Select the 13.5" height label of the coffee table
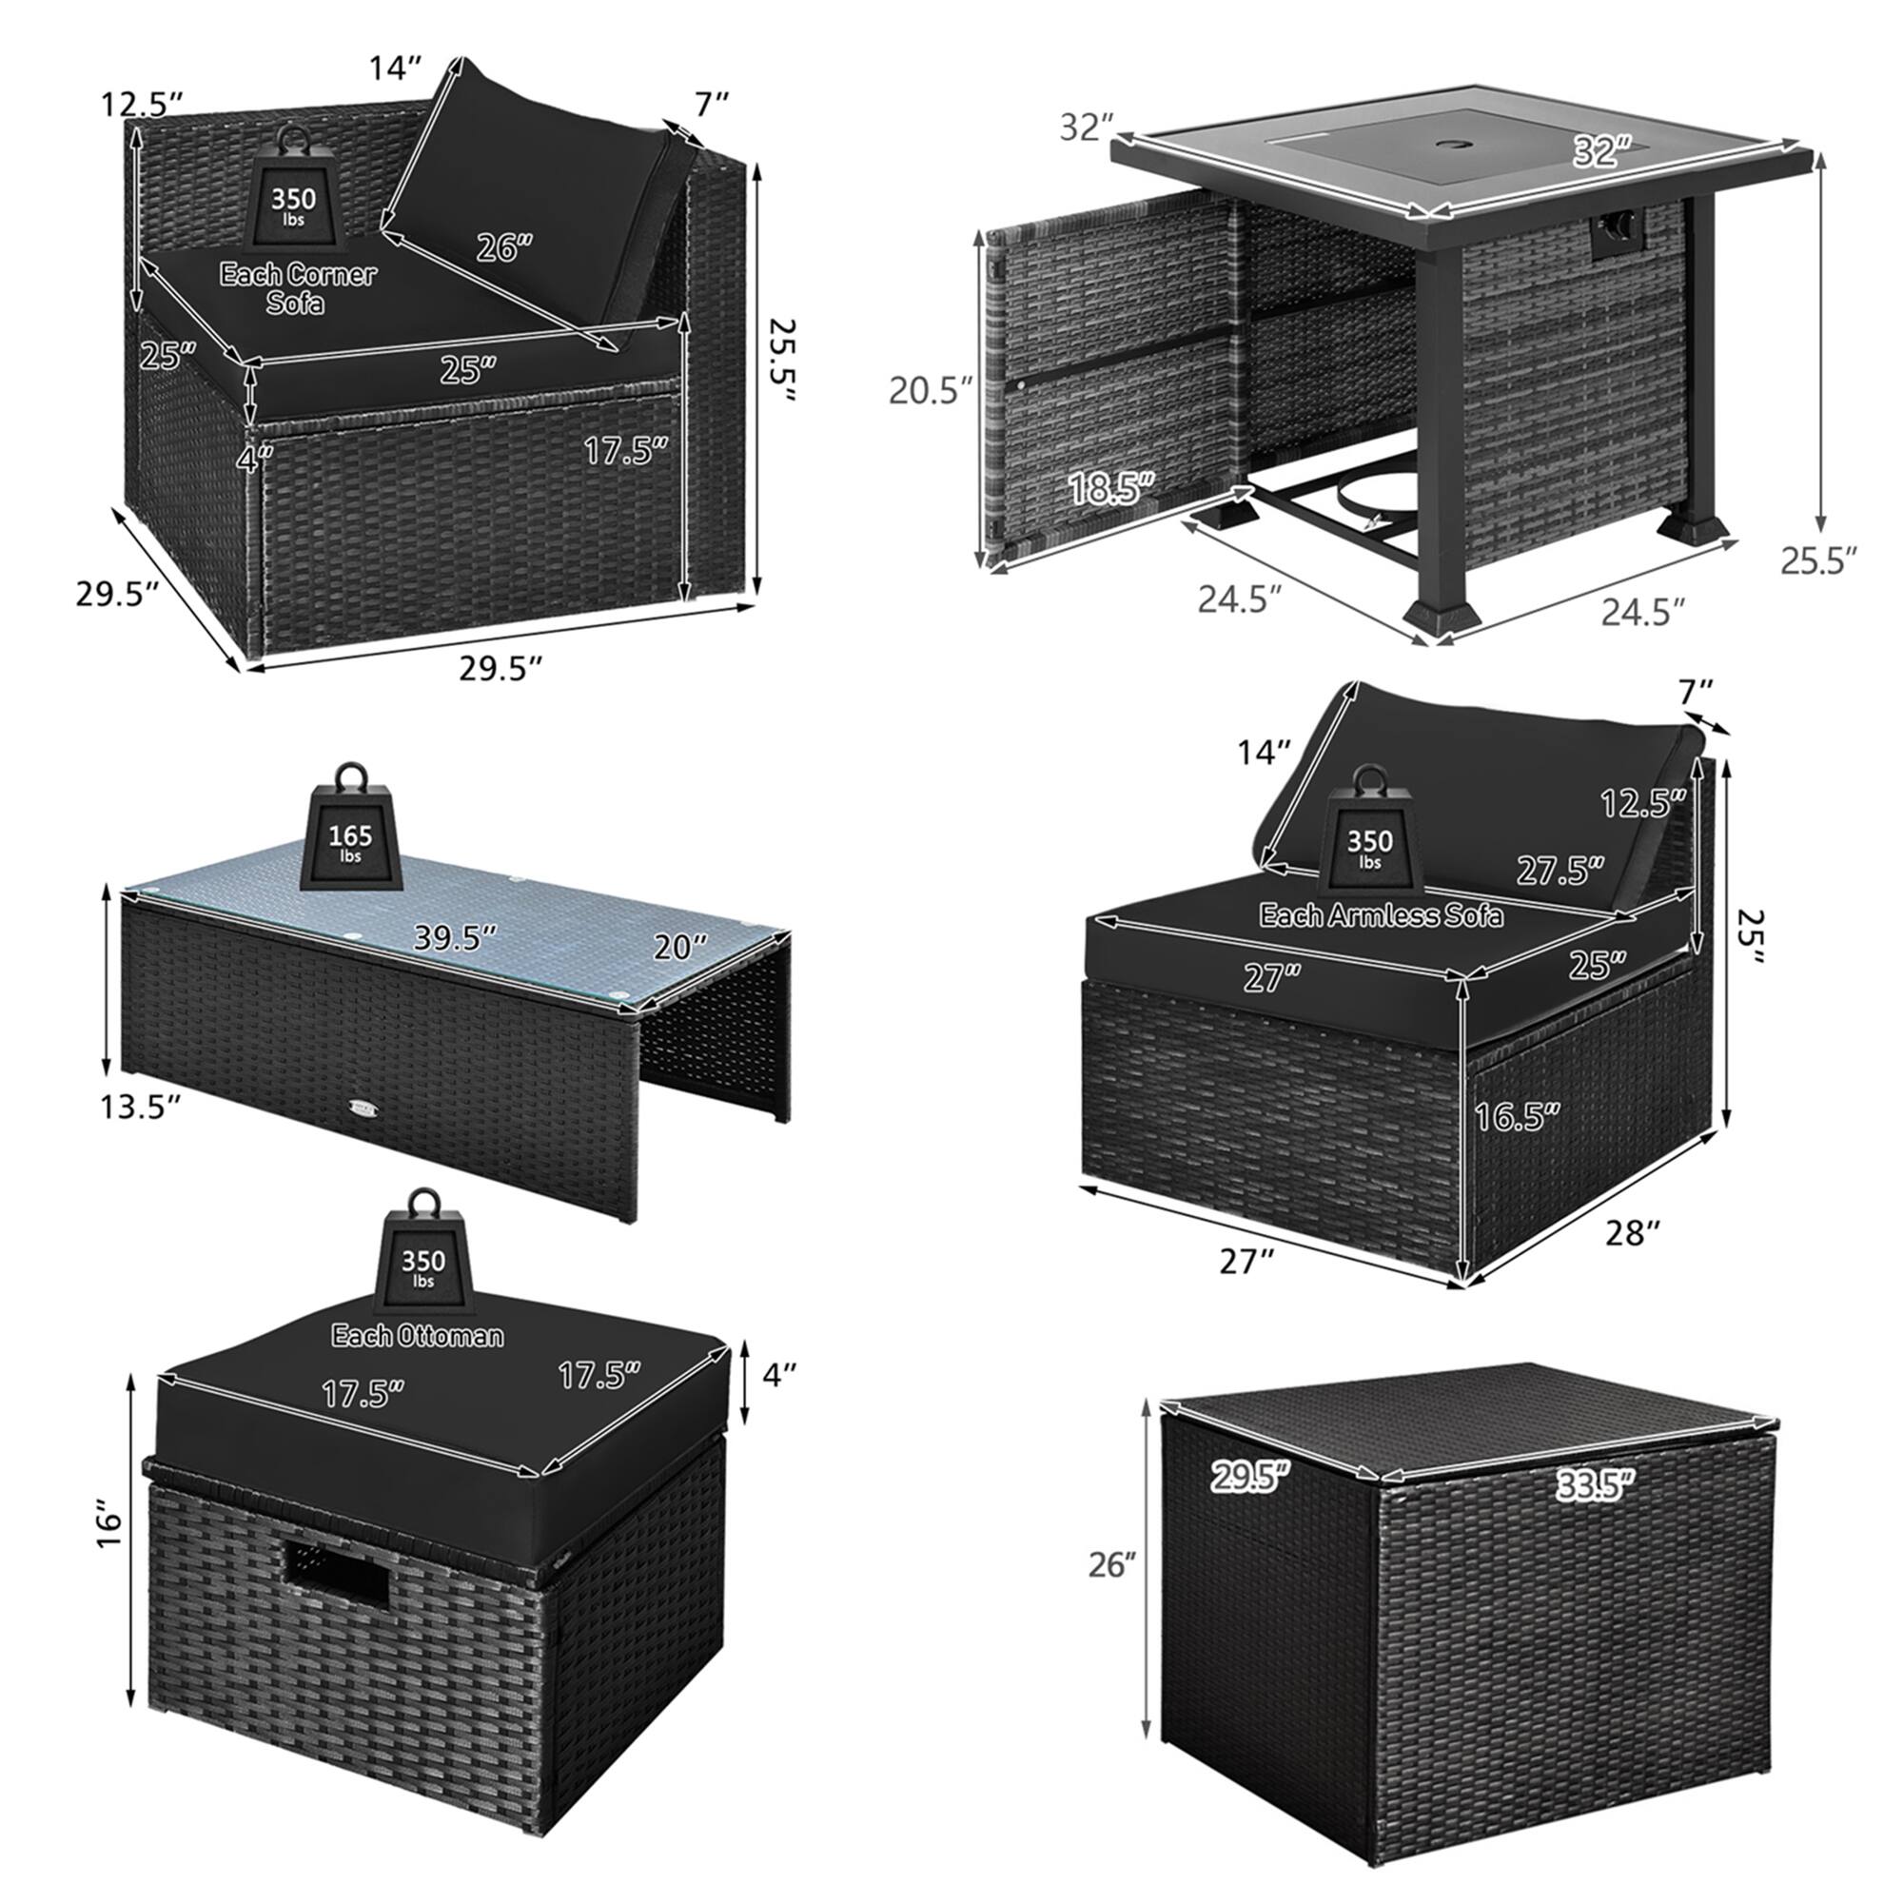coord(140,1108)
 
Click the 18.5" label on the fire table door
coord(1110,487)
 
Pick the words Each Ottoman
coord(418,1336)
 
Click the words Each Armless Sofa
coord(1381,915)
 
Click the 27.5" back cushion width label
coord(1560,870)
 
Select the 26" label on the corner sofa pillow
coord(504,247)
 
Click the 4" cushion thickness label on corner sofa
coord(254,457)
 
